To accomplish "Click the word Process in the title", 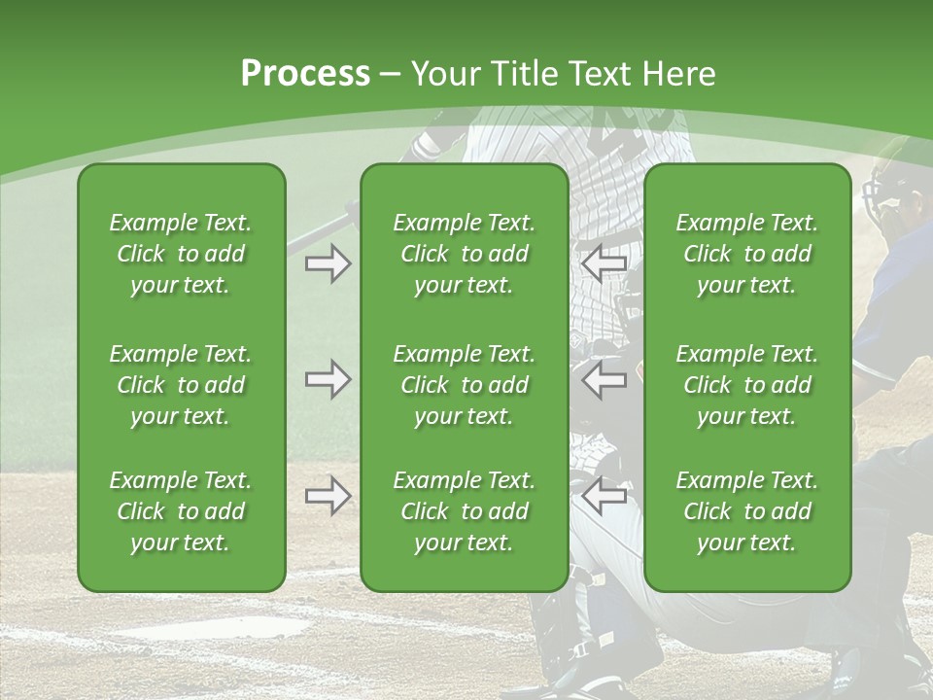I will point(305,74).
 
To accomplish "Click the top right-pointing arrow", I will point(328,264).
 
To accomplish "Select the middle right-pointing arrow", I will point(328,380).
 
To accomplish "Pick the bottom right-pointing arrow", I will point(328,496).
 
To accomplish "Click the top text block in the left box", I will point(181,254).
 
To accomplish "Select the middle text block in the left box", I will point(181,385).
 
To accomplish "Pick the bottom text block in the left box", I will point(181,511).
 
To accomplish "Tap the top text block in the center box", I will point(465,254).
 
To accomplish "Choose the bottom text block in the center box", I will point(465,511).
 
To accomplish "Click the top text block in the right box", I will point(747,254).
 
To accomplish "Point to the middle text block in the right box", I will point(747,385).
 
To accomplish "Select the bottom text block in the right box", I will point(747,511).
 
